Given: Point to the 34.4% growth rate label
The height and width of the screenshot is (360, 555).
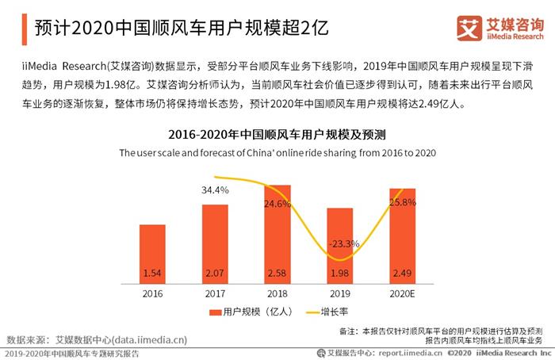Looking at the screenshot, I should [215, 190].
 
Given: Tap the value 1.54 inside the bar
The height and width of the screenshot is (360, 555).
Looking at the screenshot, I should [152, 274].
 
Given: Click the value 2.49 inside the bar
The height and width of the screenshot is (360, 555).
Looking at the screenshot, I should [402, 274].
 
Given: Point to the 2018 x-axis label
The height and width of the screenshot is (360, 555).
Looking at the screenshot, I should [277, 293].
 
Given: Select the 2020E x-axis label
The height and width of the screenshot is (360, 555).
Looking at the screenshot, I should [402, 293].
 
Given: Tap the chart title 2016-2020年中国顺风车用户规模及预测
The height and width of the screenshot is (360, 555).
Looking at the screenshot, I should [277, 134].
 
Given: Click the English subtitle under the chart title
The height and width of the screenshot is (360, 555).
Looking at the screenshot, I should [277, 151].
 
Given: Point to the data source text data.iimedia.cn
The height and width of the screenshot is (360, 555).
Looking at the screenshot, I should [150, 340].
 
